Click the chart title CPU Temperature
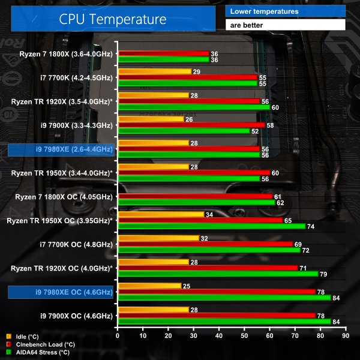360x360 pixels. pos(112,19)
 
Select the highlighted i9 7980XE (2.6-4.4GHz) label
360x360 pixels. pos(61,149)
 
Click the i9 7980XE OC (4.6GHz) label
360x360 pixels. pos(61,292)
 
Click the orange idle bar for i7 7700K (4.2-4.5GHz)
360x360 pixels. pos(155,71)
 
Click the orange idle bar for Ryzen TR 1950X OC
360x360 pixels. pos(161,214)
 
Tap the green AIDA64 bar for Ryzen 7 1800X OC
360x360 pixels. pos(196,203)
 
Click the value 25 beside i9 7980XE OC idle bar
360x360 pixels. pos(187,286)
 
